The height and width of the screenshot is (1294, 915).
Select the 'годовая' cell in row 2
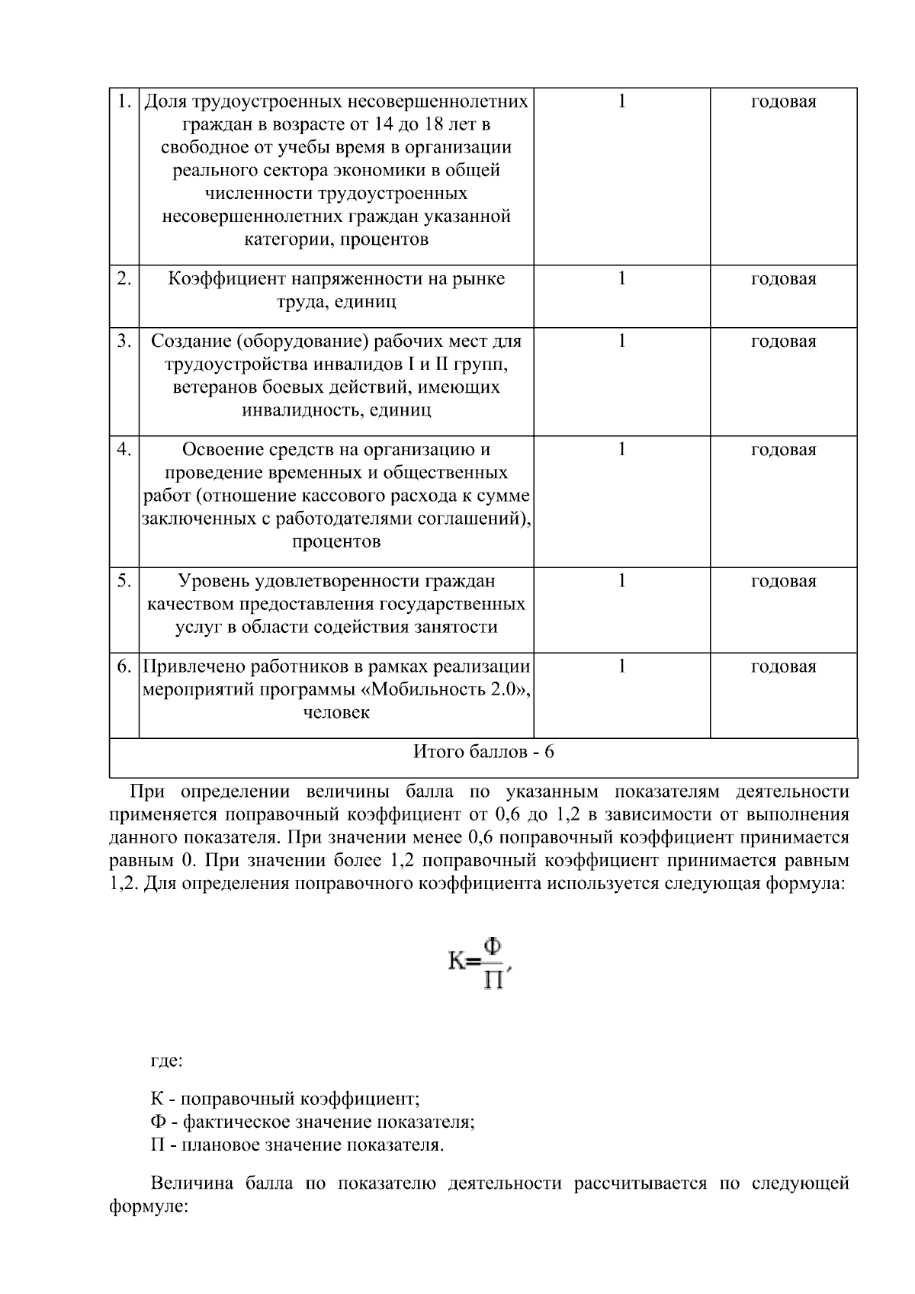coord(783,279)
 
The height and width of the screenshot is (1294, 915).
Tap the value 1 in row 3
coord(621,341)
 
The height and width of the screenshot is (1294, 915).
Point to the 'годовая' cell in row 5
coord(783,581)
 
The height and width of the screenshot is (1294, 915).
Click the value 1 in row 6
coord(621,666)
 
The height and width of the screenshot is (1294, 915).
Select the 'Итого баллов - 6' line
coord(483,752)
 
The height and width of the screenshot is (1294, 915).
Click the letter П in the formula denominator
coord(493,979)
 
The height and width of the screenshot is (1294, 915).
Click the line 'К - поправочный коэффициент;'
coord(285,1100)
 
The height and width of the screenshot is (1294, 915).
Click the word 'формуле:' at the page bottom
coord(149,1208)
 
